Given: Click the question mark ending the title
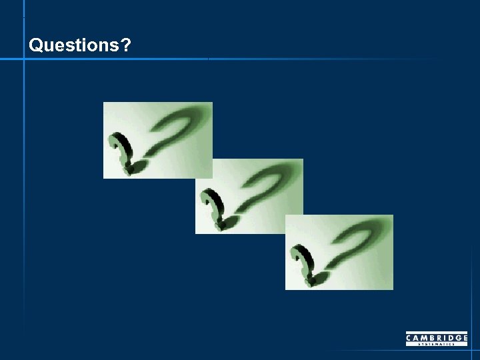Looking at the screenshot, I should coord(126,45).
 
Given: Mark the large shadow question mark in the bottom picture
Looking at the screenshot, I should coord(357,243).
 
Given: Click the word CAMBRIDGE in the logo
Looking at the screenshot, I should coord(437,338).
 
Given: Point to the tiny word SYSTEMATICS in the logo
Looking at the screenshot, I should coord(437,344).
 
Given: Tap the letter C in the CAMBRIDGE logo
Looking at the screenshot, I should coord(409,338).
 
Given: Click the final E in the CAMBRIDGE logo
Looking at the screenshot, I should coord(465,338).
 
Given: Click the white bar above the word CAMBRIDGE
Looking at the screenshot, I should coord(437,333).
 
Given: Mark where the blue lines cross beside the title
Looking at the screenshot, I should coord(24,59).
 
